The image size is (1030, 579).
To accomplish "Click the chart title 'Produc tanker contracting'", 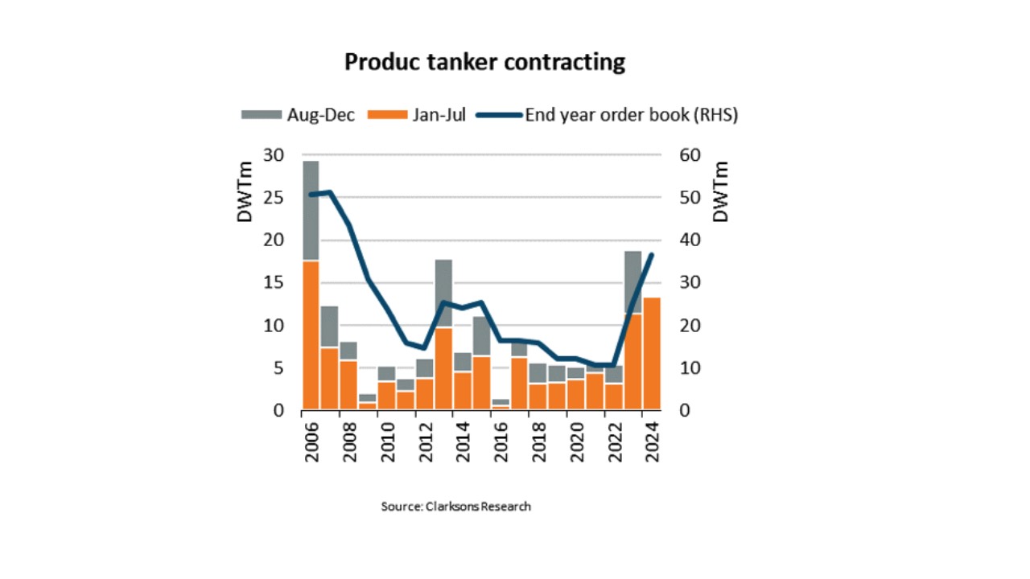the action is (x=484, y=62).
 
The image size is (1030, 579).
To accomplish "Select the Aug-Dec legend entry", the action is (x=298, y=115).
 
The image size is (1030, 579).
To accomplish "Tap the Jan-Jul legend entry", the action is (x=417, y=115).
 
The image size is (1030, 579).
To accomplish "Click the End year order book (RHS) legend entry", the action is (x=607, y=115).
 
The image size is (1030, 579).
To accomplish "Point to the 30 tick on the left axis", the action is (x=274, y=155).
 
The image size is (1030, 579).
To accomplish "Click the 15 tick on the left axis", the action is (x=274, y=282).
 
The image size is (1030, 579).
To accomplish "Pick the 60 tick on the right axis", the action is (x=690, y=155).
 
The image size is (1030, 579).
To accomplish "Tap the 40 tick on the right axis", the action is (x=690, y=240).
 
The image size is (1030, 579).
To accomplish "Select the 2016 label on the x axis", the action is (x=501, y=442).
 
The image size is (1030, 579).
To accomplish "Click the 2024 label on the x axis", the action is (x=653, y=442).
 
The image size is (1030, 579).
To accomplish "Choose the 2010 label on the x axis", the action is (x=388, y=442).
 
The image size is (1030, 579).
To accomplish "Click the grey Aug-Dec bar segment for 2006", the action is (x=311, y=211).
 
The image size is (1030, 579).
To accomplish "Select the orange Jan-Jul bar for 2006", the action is (x=311, y=335).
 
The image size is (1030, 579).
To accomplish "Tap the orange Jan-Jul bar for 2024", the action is (x=652, y=353).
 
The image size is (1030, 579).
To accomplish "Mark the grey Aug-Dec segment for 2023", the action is (x=633, y=282).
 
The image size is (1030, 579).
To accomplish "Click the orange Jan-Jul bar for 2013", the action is (x=443, y=368).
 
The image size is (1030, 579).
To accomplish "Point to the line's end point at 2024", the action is (x=652, y=255).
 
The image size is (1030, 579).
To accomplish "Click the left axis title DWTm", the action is (x=245, y=192).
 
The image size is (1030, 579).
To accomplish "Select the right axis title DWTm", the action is (x=720, y=192).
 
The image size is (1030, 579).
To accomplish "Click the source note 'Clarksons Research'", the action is (x=478, y=507).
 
